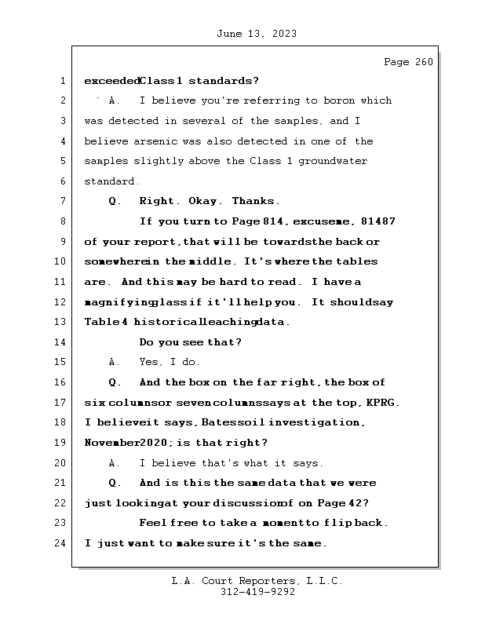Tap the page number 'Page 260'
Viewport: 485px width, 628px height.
point(407,62)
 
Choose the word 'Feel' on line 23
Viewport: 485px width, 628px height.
point(152,523)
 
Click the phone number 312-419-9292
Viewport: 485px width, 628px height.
point(256,593)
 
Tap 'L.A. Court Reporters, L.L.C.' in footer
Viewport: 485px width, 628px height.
point(256,582)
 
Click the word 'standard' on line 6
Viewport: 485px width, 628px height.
point(111,181)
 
